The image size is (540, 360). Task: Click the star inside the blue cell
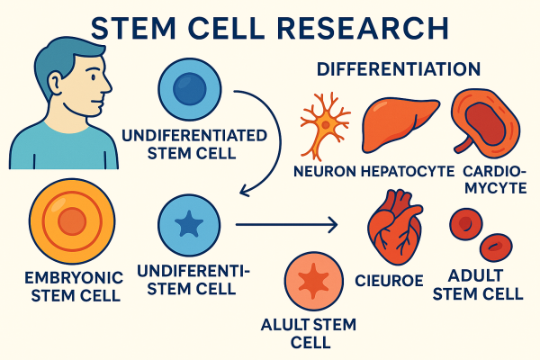click(x=189, y=225)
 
